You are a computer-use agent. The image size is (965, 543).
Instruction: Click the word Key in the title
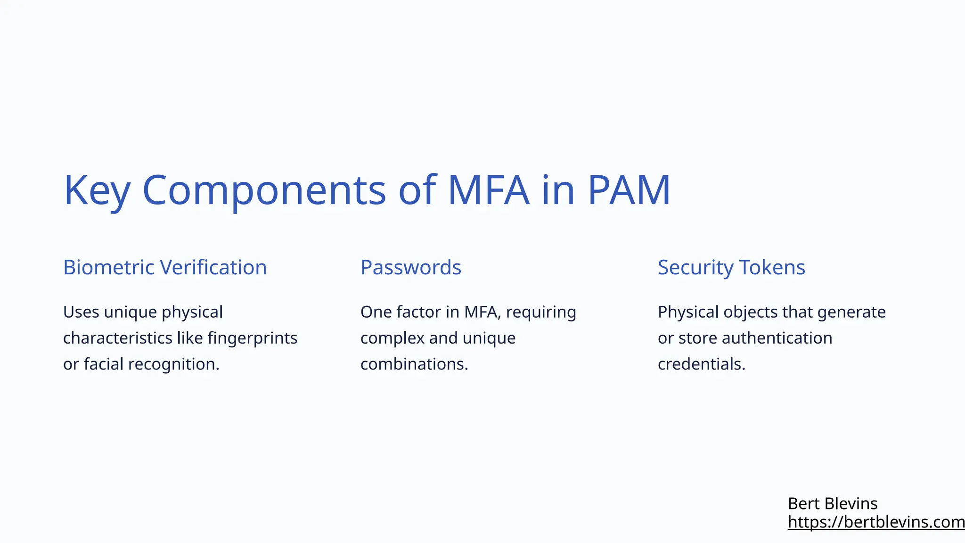[97, 191]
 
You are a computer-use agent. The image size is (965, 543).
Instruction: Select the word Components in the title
[264, 191]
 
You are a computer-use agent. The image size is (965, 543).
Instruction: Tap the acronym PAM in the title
[629, 191]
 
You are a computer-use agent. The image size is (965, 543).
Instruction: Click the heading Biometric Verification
[165, 268]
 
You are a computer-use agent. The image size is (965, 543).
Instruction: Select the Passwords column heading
[411, 268]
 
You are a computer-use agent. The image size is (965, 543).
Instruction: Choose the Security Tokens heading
[731, 268]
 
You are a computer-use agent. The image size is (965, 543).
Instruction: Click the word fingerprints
[252, 338]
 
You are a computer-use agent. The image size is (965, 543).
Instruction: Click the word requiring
[541, 313]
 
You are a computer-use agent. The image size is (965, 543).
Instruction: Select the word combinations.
[414, 364]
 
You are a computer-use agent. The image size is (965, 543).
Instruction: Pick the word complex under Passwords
[393, 338]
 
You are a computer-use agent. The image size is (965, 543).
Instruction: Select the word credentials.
[701, 364]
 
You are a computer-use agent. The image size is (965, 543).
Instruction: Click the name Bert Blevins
[833, 504]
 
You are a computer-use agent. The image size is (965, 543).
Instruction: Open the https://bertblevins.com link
[875, 522]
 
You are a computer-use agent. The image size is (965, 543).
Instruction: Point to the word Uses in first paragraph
[81, 313]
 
